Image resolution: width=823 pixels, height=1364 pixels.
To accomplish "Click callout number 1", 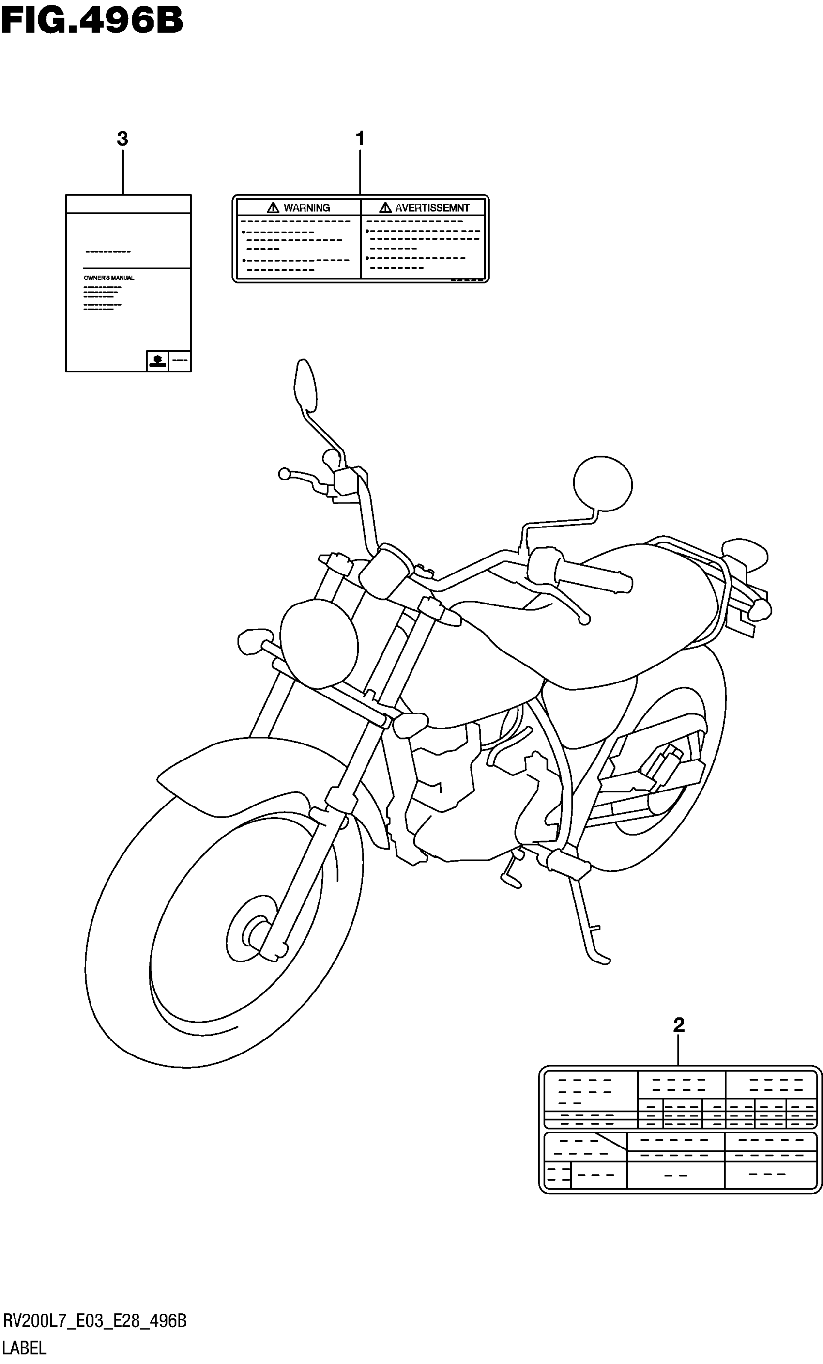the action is tap(360, 139).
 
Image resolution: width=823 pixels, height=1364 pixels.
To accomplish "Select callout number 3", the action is tap(122, 139).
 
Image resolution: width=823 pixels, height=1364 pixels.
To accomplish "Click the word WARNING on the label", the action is tap(306, 208).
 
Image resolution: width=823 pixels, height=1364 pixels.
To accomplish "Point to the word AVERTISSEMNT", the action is tap(432, 208).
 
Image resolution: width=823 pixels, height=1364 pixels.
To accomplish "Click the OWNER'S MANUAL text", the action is tap(109, 278).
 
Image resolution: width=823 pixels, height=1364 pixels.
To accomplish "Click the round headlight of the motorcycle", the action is tap(319, 643).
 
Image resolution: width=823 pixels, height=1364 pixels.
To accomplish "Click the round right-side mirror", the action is tap(602, 483).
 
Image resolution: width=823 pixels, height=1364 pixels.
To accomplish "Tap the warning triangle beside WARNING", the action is tap(273, 208).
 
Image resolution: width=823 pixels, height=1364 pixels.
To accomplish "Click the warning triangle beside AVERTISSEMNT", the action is tap(385, 208).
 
